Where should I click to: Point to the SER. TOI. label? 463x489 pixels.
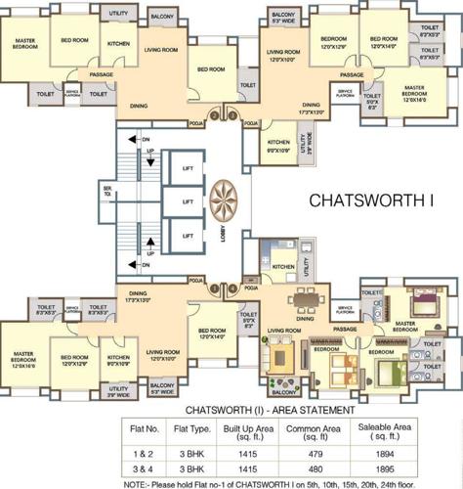pyautogui.click(x=107, y=194)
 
